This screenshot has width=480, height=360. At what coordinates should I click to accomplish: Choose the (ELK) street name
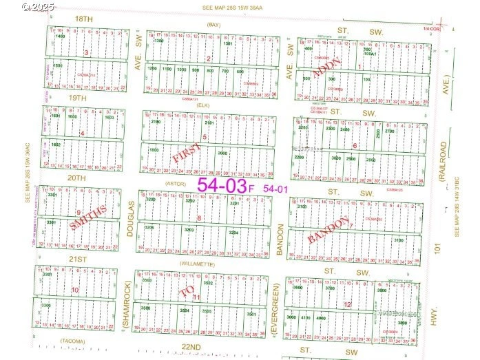[x=203, y=105]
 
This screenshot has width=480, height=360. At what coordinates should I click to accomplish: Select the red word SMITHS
[x=88, y=218]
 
